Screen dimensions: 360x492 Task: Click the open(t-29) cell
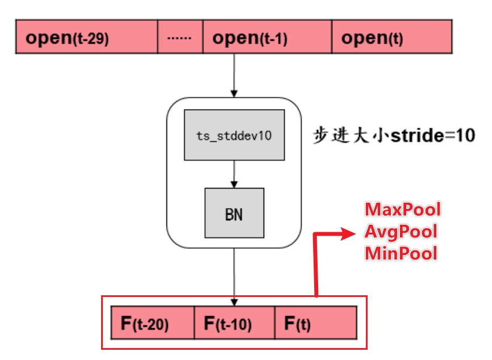(86, 37)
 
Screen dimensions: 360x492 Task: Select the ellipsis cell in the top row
(180, 37)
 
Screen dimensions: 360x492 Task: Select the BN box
(234, 212)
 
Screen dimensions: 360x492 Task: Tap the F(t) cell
(316, 323)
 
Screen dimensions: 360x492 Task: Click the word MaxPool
(402, 209)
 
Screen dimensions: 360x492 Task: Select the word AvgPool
(401, 231)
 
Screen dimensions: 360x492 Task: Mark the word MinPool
(401, 252)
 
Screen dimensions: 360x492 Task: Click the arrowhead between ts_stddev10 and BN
(234, 184)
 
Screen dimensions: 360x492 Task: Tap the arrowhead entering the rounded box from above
(234, 93)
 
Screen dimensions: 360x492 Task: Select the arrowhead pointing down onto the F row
(234, 302)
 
